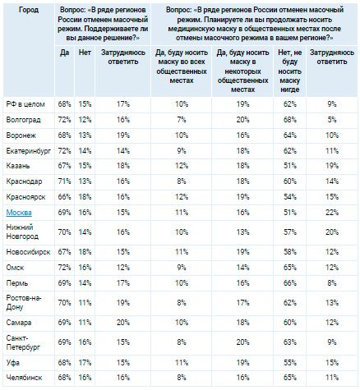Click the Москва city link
pos(19,213)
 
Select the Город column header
pos(29,10)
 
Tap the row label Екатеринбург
pos(29,151)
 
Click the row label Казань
pos(18,166)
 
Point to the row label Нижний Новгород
pos(22,232)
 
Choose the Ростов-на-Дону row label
pos(24,302)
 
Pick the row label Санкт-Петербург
pos(23,342)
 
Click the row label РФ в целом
pos(25,104)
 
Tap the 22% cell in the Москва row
pos(332,213)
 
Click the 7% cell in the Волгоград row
pos(182,120)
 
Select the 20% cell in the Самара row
pos(123,323)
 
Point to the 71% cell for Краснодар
pos(64,181)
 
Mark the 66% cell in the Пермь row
pos(290,283)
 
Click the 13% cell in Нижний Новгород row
pos(242,232)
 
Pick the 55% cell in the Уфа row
pos(290,363)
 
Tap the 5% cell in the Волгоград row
pos(332,120)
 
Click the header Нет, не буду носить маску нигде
pos(290,71)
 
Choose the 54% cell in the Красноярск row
pos(290,197)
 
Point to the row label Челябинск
pos(24,378)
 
